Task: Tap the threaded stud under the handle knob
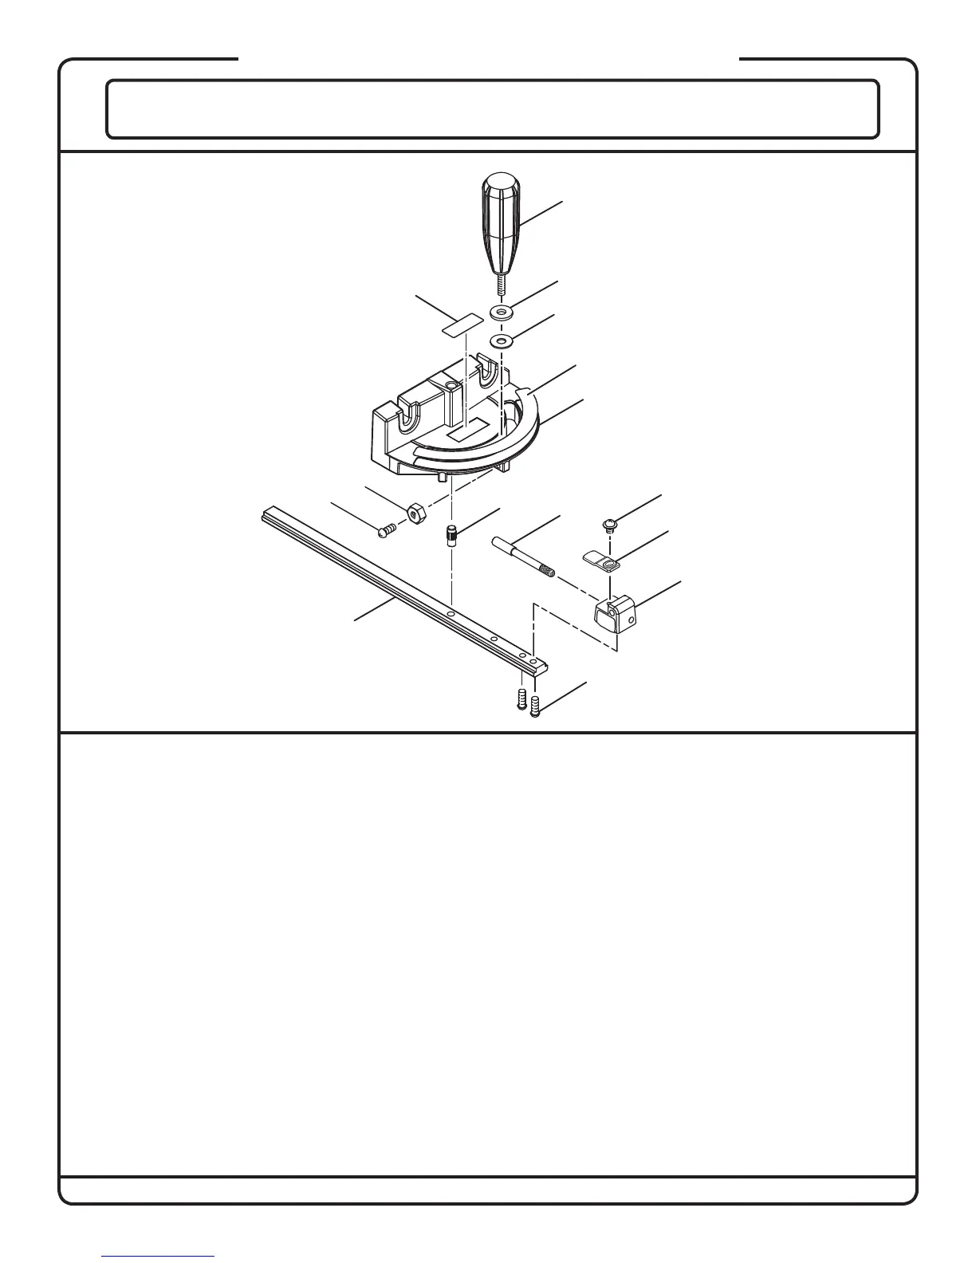(499, 285)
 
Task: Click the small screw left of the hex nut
(388, 527)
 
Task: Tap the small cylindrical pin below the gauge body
(451, 534)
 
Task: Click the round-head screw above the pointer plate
(610, 525)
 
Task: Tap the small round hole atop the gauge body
(452, 386)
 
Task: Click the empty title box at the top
(493, 109)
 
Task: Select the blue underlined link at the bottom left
(159, 1256)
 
